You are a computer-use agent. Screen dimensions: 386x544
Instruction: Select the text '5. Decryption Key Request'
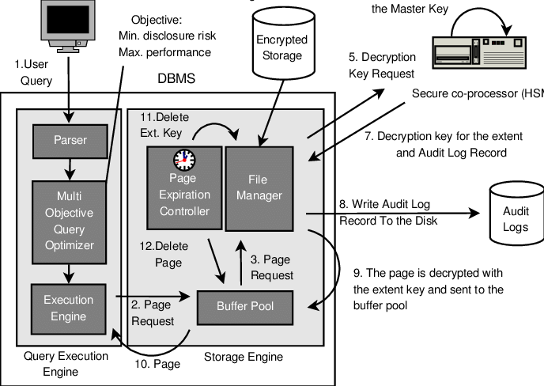coord(381,66)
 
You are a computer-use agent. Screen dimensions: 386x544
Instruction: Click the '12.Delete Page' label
coord(164,254)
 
